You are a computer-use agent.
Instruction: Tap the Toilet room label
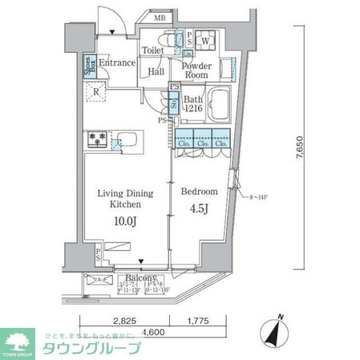153,51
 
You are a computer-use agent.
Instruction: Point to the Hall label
156,71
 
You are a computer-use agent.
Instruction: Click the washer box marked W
205,40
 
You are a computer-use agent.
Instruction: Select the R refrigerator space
96,91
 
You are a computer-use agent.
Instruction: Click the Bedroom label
198,192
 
